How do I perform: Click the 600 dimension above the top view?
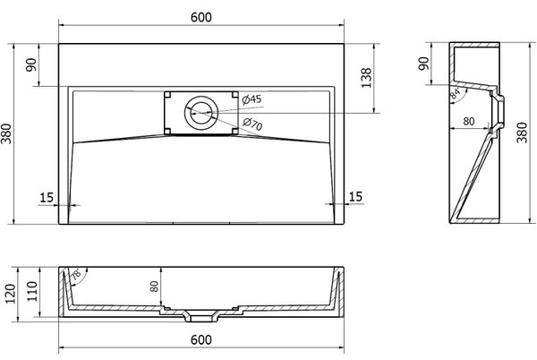click(x=201, y=17)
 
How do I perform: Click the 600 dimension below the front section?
click(x=201, y=339)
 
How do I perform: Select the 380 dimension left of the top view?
click(x=6, y=133)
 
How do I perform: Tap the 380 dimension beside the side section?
click(x=522, y=133)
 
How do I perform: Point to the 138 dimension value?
click(x=366, y=78)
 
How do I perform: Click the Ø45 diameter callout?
click(x=251, y=99)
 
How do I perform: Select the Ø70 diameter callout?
click(x=252, y=124)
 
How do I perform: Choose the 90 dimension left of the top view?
click(x=30, y=64)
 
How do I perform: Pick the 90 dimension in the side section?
click(x=423, y=64)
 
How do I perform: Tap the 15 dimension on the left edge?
click(x=47, y=198)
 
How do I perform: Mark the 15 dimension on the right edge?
click(x=355, y=197)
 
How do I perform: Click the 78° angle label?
click(x=76, y=274)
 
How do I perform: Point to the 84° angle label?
click(x=456, y=93)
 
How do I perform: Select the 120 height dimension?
click(x=10, y=294)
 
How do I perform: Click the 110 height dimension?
click(x=32, y=292)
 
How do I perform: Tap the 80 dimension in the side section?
click(x=469, y=121)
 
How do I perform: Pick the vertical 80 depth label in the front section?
click(x=155, y=287)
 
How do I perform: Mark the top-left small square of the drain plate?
click(x=167, y=95)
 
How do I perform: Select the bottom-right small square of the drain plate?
click(x=234, y=131)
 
